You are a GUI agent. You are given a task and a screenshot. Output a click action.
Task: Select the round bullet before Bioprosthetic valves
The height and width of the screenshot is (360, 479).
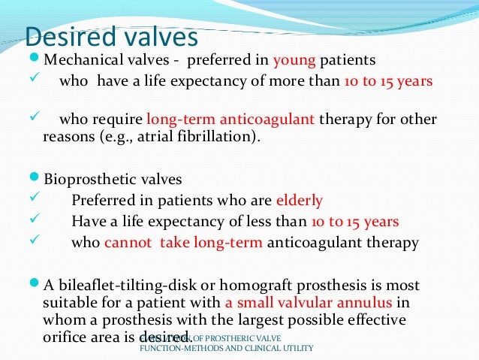click(36, 180)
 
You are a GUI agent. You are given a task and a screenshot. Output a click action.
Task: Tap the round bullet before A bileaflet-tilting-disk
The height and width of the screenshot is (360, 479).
click(36, 286)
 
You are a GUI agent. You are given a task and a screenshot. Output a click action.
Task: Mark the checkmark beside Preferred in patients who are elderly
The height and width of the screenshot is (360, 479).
click(32, 201)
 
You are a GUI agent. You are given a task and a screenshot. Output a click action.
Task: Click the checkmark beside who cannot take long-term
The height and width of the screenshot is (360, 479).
click(32, 242)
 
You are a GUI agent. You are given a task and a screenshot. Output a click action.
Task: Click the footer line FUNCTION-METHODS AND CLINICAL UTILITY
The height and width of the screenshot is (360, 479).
click(226, 348)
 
